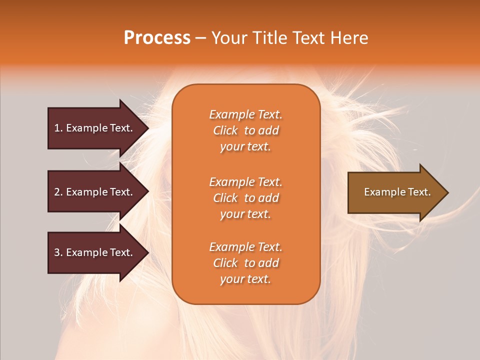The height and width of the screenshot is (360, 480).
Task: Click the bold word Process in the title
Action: [157, 38]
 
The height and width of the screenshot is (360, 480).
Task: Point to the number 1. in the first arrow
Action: [58, 128]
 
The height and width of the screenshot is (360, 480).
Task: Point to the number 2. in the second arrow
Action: [58, 192]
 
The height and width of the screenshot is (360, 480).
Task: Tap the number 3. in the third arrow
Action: [58, 252]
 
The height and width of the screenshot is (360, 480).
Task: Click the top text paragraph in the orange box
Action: [245, 130]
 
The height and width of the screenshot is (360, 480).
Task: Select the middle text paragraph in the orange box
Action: [245, 198]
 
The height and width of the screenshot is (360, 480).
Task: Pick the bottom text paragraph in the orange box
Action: [245, 263]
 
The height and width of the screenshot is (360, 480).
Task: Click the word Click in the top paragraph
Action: [225, 130]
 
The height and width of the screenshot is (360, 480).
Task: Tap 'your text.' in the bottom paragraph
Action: [245, 279]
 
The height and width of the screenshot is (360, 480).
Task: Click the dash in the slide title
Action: [200, 38]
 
